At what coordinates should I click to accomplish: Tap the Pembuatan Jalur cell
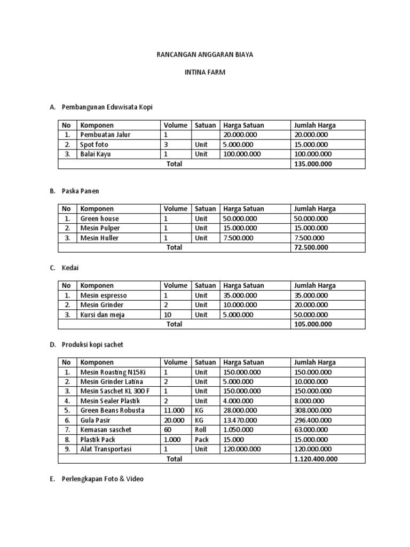105,135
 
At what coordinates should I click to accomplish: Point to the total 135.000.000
313,164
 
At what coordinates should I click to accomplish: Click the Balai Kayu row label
96,154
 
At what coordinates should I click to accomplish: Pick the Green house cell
100,218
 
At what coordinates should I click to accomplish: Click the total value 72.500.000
311,247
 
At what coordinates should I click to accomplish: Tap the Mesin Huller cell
100,238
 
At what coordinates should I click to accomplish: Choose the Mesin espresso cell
104,295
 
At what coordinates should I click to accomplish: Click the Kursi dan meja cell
102,315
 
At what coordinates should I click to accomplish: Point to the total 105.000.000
313,324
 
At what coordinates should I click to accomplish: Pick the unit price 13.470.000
240,420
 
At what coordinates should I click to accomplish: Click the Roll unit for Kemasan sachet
201,430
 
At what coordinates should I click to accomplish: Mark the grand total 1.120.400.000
316,459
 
